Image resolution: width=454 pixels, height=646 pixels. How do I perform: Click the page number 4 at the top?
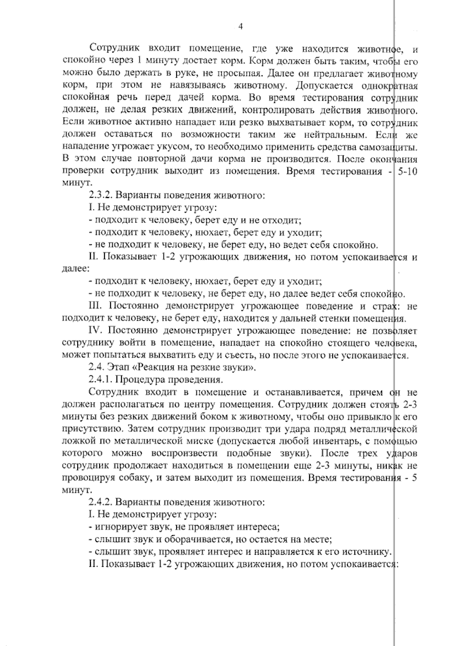[x=241, y=27]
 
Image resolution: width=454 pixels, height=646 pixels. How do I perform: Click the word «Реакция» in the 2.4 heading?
[x=152, y=367]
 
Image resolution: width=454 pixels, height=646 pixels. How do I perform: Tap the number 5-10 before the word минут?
[x=406, y=171]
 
